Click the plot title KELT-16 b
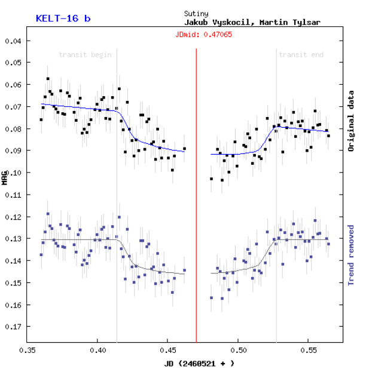pos(63,18)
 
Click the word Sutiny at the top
pos(197,13)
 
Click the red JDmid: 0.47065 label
pos(203,34)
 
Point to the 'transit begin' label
pos(85,55)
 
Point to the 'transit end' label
pos(301,55)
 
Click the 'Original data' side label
pos(352,121)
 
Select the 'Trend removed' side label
pos(352,255)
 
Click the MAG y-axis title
pos(5,177)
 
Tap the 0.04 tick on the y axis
pos(13,41)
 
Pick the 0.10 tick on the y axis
pos(13,173)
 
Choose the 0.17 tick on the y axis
pos(13,327)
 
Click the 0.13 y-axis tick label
pos(13,239)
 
